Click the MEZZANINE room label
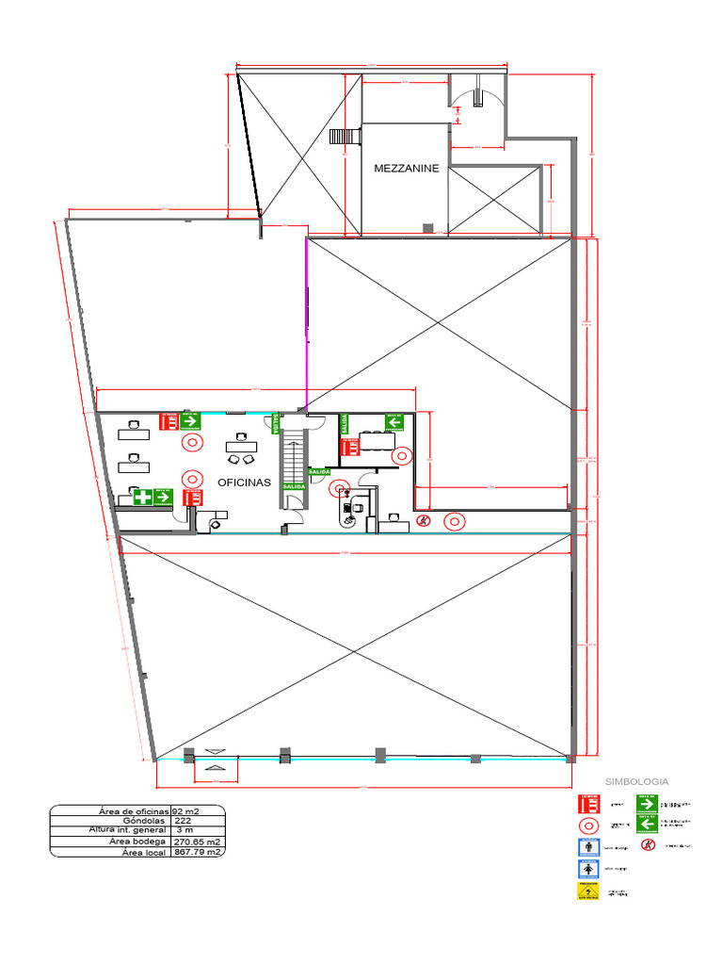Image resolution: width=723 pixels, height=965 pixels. pos(406,169)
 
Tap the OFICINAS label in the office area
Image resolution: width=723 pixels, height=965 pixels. pos(244,482)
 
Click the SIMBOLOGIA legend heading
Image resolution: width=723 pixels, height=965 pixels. pos(637,781)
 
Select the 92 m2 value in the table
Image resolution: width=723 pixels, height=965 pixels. pos(185,810)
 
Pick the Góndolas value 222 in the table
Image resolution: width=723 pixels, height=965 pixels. pos(185,821)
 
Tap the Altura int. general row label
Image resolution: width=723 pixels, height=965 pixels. pos(128,830)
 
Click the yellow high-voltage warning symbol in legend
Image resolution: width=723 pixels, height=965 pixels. pos(587,891)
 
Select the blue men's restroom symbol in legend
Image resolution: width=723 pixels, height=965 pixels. pos(588,846)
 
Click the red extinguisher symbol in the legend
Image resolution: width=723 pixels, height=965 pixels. pos(588,804)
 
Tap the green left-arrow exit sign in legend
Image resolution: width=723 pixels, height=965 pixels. pos(646,824)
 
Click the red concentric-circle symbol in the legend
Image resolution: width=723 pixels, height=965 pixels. pos(587,825)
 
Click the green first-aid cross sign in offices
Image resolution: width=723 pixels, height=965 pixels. pos(142,497)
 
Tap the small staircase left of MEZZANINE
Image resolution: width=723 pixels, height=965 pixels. pos(345,136)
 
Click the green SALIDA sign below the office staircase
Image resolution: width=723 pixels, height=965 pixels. pos(294,513)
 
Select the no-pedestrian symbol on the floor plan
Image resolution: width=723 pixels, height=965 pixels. pos(425,519)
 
